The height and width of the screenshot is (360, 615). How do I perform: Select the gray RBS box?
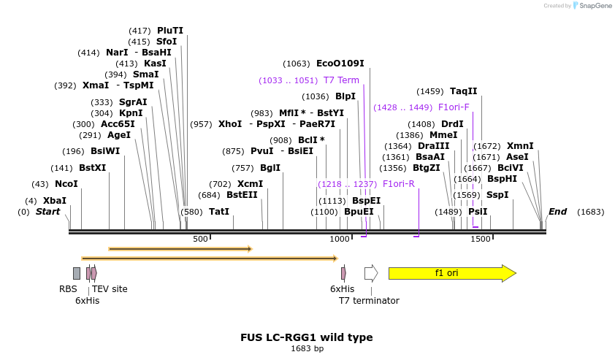pyautogui.click(x=77, y=273)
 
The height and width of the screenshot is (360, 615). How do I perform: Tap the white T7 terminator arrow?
pyautogui.click(x=371, y=273)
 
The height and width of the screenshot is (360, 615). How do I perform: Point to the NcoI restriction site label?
pyautogui.click(x=66, y=184)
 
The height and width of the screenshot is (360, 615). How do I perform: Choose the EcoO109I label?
pyautogui.click(x=340, y=64)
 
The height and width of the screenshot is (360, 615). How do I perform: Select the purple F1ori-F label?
pyautogui.click(x=454, y=107)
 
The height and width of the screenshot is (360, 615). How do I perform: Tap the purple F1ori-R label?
pyautogui.click(x=398, y=184)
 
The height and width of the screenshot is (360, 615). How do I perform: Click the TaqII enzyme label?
pyautogui.click(x=463, y=91)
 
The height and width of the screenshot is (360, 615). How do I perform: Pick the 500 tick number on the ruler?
pyautogui.click(x=200, y=240)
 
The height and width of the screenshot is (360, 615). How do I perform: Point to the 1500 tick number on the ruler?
pyautogui.click(x=481, y=240)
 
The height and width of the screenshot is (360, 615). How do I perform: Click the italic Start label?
pyautogui.click(x=48, y=212)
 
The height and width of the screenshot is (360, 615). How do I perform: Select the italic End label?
pyautogui.click(x=557, y=212)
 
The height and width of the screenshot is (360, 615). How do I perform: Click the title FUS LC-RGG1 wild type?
pyautogui.click(x=307, y=337)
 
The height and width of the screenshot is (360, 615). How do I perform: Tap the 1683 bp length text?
pyautogui.click(x=307, y=349)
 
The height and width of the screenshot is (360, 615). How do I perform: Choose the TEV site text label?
pyautogui.click(x=110, y=289)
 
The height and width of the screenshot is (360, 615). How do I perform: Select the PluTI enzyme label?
pyautogui.click(x=170, y=31)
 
